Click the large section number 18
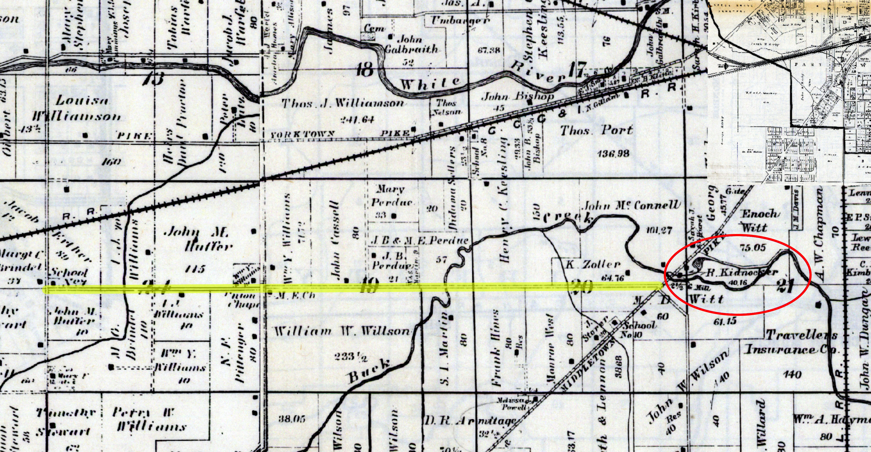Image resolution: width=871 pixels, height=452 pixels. (365, 70)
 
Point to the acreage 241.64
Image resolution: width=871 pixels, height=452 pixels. (357, 119)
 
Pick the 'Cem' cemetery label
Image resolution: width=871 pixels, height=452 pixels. (374, 28)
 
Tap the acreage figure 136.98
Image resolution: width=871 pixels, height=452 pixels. (613, 154)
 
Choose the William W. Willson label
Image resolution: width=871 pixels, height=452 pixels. (341, 331)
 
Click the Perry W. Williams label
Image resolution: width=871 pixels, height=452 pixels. (149, 419)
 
